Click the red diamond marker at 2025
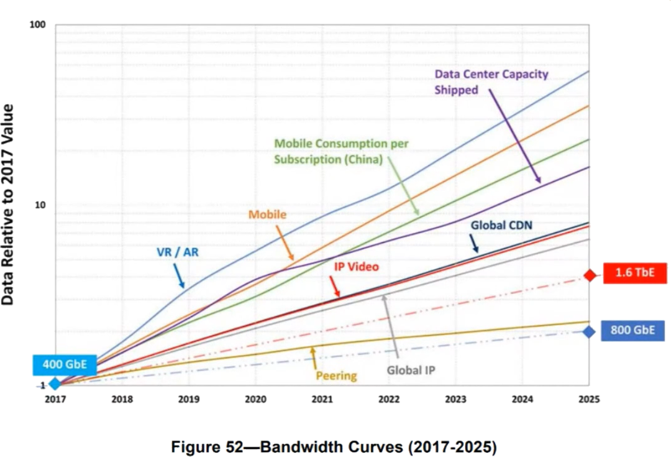pos(590,275)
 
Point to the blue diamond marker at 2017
pos(56,384)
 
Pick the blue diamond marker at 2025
pos(589,331)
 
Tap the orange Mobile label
pos(267,215)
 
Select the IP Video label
pos(357,267)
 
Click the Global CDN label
pos(501,225)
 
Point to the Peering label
pos(336,376)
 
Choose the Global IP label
pos(411,370)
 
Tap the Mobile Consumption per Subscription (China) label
pos(341,151)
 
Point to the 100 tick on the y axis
pos(39,25)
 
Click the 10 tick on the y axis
pos(41,205)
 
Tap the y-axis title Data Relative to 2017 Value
pos(9,205)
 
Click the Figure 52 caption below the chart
pos(334,446)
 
